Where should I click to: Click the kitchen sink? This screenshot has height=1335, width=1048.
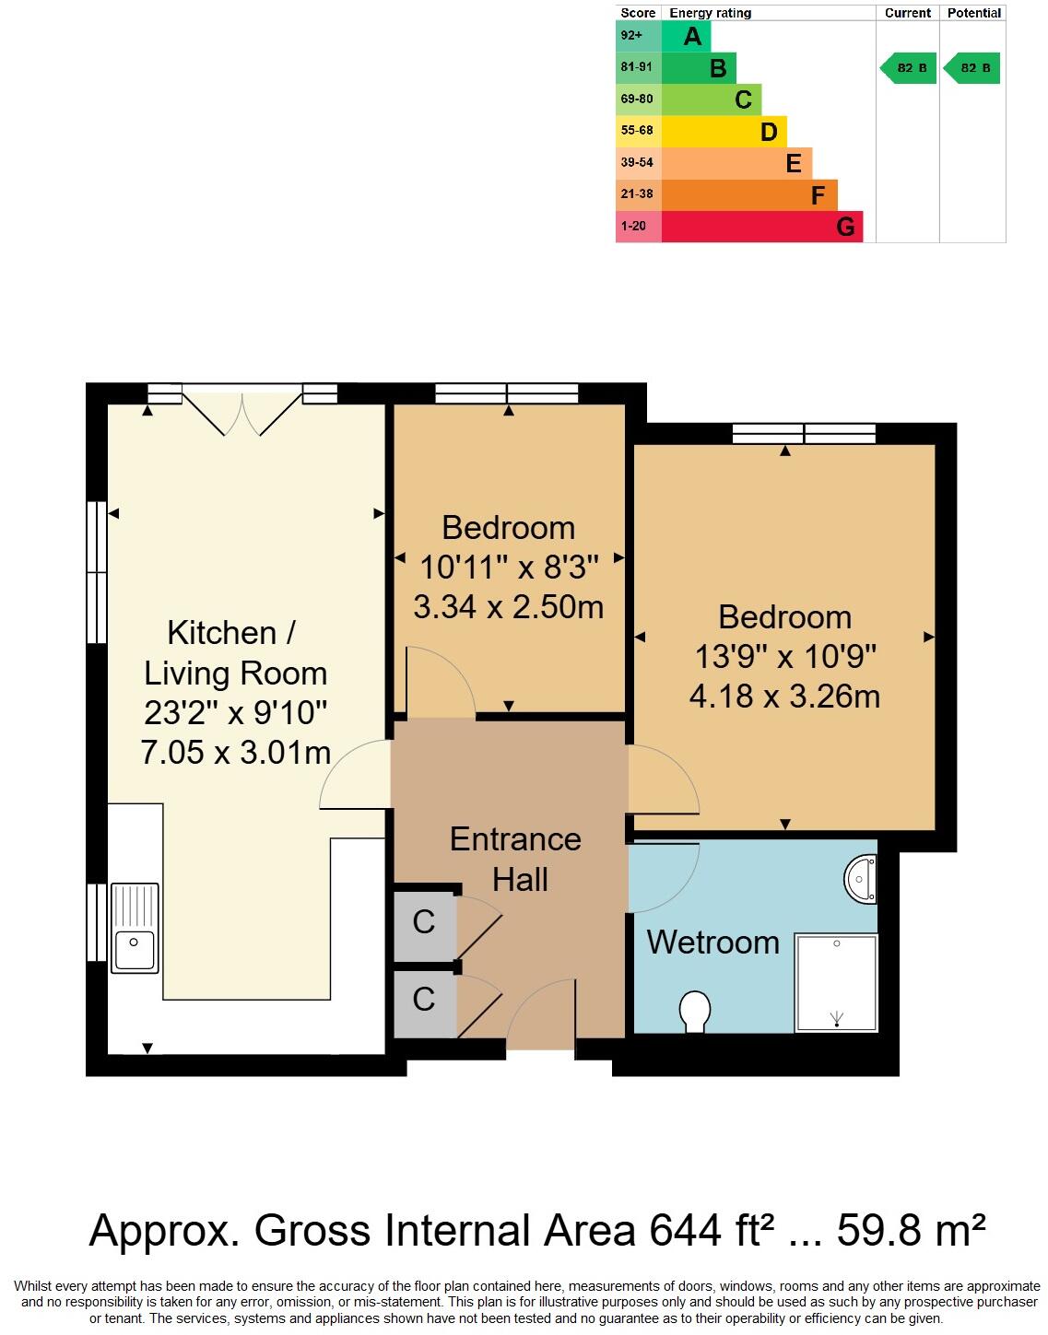click(135, 927)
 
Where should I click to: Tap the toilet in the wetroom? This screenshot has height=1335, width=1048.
click(694, 1012)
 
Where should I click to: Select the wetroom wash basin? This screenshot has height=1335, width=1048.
click(861, 880)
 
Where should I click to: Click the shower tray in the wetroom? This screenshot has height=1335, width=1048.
click(836, 983)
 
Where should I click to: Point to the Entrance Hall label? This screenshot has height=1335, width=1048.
click(515, 859)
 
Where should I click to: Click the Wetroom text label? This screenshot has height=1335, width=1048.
click(712, 943)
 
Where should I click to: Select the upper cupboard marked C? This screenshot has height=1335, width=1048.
click(424, 922)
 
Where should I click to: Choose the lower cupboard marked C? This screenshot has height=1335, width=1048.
click(424, 1000)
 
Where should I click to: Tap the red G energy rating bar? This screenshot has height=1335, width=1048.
click(761, 227)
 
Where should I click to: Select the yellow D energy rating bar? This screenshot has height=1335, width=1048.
click(724, 131)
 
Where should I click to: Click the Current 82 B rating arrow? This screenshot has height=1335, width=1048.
click(908, 68)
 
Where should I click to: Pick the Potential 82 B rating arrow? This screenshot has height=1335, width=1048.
click(971, 68)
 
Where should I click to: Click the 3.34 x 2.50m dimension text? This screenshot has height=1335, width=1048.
click(508, 607)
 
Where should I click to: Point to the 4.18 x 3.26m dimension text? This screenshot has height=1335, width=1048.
click(784, 696)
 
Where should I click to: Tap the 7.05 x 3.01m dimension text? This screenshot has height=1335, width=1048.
click(236, 752)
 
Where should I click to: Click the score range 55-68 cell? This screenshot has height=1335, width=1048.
click(638, 131)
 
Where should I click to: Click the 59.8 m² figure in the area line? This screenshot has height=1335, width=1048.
click(911, 1230)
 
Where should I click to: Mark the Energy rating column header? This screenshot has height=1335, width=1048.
click(710, 13)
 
